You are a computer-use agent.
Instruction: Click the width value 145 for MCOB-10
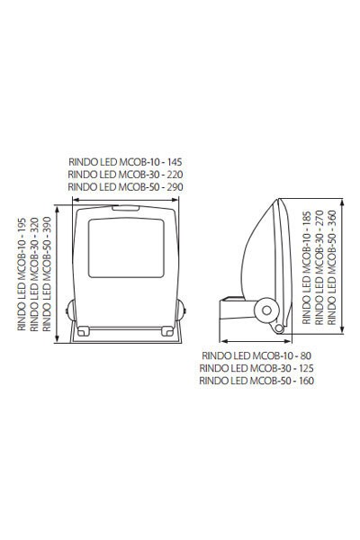[174, 162]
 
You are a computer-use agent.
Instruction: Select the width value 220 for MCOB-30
[175, 175]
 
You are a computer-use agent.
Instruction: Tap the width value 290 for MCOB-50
[175, 187]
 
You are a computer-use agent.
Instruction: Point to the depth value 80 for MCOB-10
[306, 355]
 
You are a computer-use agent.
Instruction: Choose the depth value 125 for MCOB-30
[306, 368]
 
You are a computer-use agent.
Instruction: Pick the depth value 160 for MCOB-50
[306, 381]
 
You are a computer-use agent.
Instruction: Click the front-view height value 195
[22, 225]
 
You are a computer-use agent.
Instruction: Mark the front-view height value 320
[34, 225]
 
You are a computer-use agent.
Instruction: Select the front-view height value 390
[47, 225]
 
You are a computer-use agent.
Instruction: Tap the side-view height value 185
[307, 219]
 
